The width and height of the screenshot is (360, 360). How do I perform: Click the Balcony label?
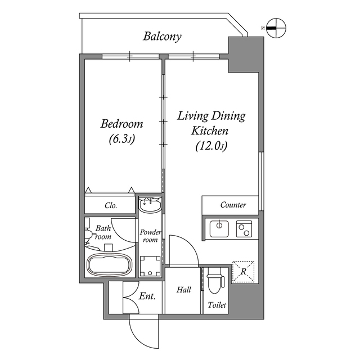[162, 37]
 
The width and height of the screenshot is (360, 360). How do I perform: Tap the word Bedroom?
[121, 124]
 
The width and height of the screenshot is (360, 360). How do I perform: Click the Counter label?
[232, 205]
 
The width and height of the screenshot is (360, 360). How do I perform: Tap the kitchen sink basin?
[218, 228]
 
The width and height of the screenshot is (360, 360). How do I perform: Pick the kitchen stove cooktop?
[244, 228]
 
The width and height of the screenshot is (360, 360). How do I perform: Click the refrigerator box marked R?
[244, 271]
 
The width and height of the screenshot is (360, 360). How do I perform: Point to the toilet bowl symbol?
[214, 281]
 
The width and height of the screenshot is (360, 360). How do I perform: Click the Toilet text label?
[217, 305]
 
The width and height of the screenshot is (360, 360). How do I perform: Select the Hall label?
[183, 290]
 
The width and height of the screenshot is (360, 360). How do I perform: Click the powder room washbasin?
[150, 205]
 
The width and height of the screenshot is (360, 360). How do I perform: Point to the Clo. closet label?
[111, 206]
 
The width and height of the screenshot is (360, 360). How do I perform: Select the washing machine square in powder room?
[150, 265]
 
